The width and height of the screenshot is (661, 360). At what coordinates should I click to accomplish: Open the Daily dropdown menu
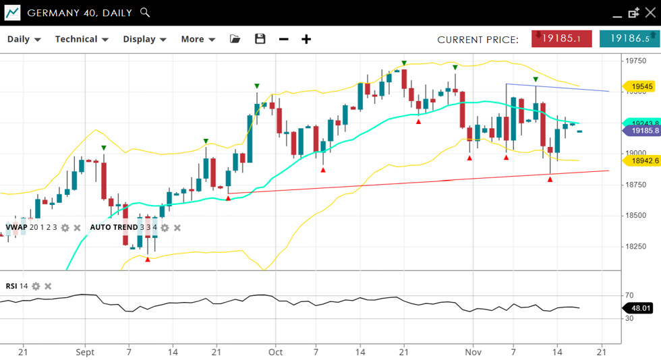click(24, 39)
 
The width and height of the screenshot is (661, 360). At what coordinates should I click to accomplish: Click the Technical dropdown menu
click(82, 39)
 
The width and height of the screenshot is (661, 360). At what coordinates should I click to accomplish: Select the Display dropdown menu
click(144, 39)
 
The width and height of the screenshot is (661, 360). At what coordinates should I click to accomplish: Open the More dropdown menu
click(198, 39)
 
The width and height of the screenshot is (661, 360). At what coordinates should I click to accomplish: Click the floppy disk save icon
click(260, 39)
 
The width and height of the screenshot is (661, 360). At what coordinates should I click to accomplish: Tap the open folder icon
click(235, 39)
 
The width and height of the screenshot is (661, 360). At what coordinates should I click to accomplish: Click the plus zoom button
click(306, 39)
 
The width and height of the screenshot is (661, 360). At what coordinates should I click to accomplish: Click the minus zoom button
click(284, 39)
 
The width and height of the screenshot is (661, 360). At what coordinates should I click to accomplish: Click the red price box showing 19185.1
click(561, 38)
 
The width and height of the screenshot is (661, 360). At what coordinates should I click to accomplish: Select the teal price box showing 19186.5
click(629, 38)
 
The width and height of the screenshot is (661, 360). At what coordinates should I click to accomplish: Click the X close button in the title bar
click(650, 13)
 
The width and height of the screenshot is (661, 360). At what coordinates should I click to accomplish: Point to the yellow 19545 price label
click(641, 86)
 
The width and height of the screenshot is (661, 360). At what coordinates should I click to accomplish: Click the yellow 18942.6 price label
click(641, 160)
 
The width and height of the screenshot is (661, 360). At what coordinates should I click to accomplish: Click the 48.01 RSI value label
click(640, 308)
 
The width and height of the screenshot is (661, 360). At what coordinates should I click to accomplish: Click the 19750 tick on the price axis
click(636, 61)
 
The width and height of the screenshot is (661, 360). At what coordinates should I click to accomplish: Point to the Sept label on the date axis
click(85, 352)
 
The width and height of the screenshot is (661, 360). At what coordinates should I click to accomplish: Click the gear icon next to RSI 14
click(36, 287)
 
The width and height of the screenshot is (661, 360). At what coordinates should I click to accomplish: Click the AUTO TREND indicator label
click(113, 227)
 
